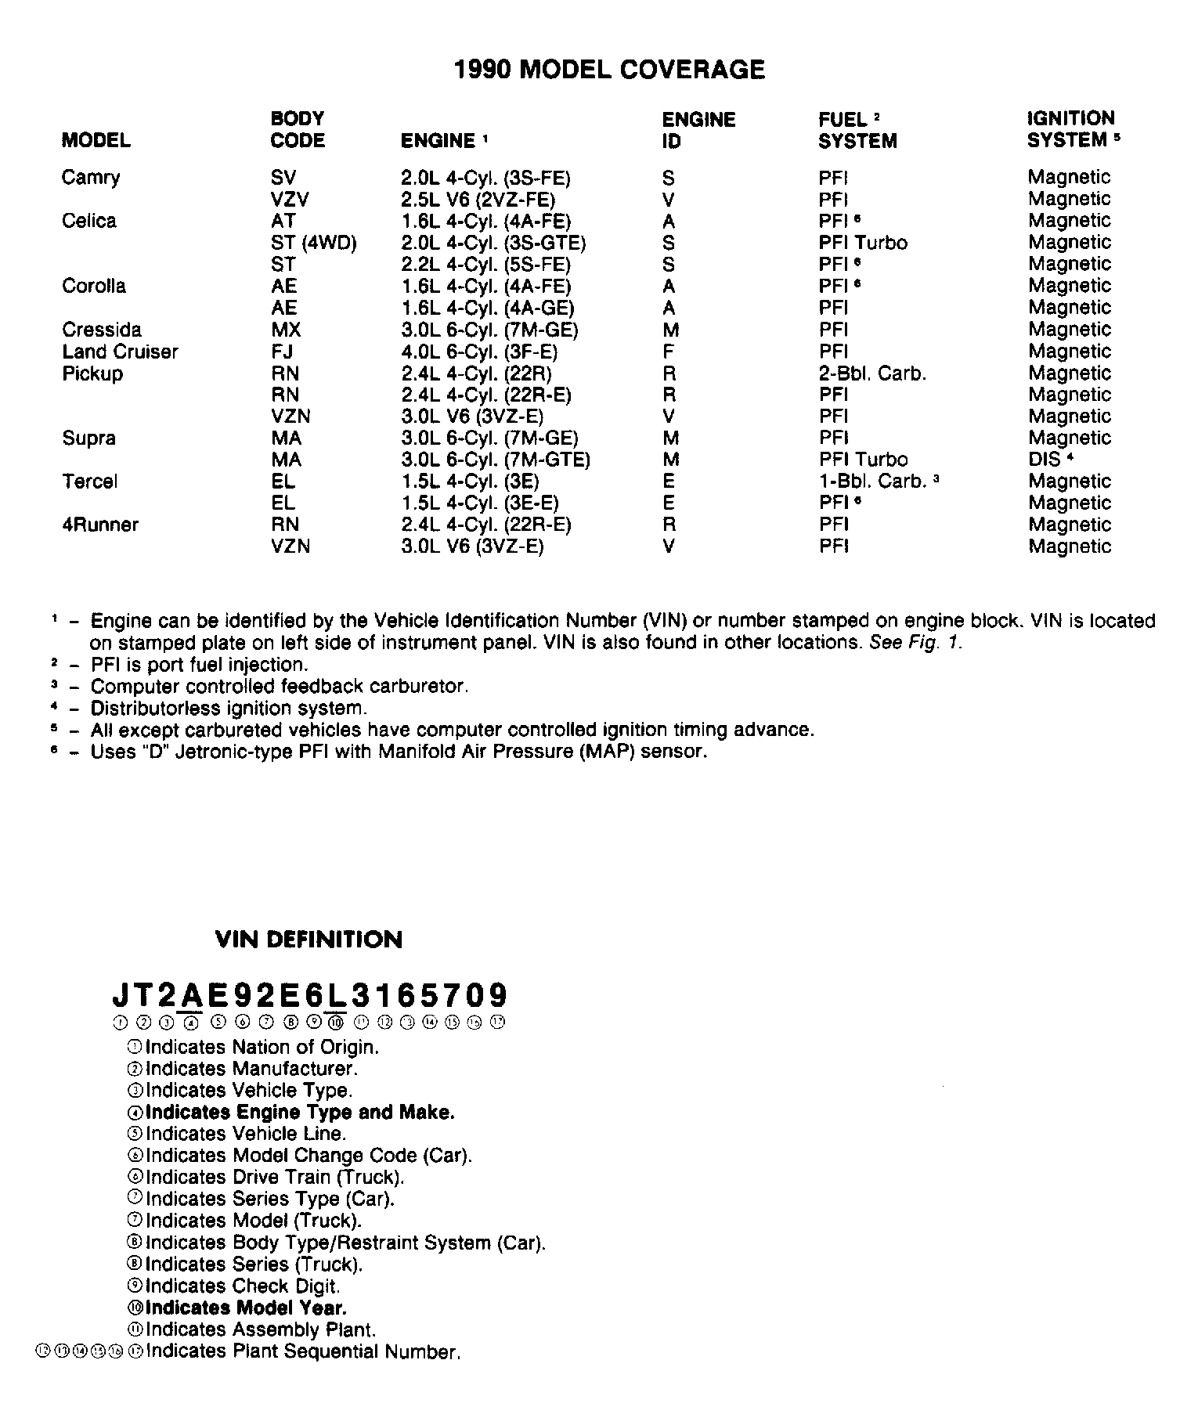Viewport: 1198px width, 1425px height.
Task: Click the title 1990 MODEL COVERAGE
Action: click(609, 70)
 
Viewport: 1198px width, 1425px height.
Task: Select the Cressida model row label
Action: click(102, 330)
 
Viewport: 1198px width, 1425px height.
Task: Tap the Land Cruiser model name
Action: click(120, 352)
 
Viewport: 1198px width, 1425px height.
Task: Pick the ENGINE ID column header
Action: click(698, 130)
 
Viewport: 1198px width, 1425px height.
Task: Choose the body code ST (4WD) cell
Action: click(313, 243)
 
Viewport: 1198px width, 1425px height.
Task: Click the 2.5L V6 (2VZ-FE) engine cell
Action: click(478, 200)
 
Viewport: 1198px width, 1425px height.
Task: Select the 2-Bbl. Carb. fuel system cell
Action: click(872, 373)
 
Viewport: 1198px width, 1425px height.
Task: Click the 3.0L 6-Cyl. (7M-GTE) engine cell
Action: click(495, 460)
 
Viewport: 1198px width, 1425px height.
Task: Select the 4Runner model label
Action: click(100, 525)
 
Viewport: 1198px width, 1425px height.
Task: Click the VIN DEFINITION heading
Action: click(309, 940)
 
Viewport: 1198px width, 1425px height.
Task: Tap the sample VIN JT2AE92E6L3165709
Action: click(310, 996)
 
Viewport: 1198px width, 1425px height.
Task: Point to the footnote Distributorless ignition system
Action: click(228, 709)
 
